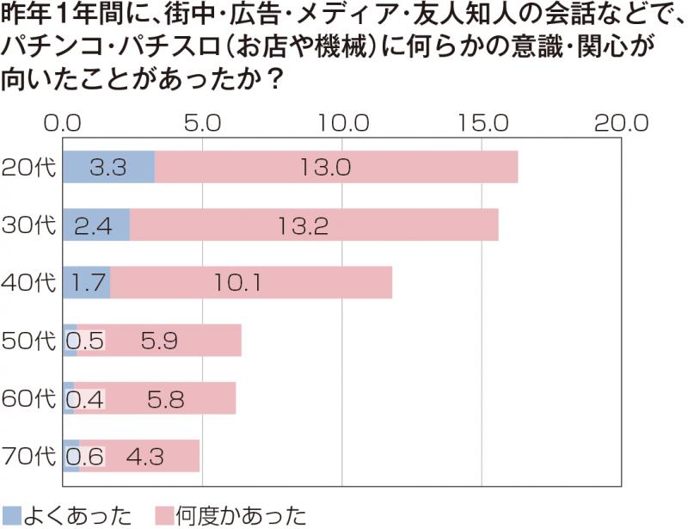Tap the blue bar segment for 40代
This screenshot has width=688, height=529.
tap(87, 282)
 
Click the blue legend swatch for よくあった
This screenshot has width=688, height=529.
tap(12, 515)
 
